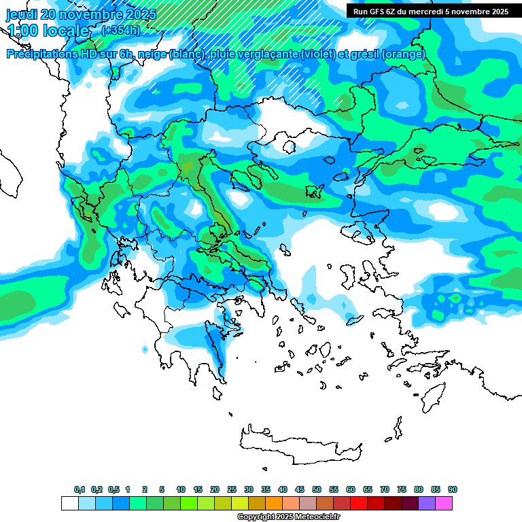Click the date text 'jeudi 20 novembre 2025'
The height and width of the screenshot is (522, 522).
click(81, 14)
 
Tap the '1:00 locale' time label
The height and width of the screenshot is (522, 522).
click(48, 31)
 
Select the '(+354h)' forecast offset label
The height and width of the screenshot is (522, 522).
click(120, 30)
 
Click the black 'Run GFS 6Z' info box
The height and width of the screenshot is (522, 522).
click(430, 11)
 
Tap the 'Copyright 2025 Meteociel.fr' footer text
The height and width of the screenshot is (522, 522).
click(288, 517)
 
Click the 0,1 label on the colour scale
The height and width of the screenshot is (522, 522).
click(80, 490)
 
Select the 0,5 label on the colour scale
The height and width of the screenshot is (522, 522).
click(114, 490)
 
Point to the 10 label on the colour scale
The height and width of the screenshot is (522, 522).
click(181, 490)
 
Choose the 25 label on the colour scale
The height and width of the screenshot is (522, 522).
click(232, 490)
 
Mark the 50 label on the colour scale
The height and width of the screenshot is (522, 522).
click(317, 490)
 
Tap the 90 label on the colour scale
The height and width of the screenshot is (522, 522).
click(453, 490)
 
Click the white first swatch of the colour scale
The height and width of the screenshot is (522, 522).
click(69, 503)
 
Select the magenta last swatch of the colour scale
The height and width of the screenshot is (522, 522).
click(444, 503)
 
